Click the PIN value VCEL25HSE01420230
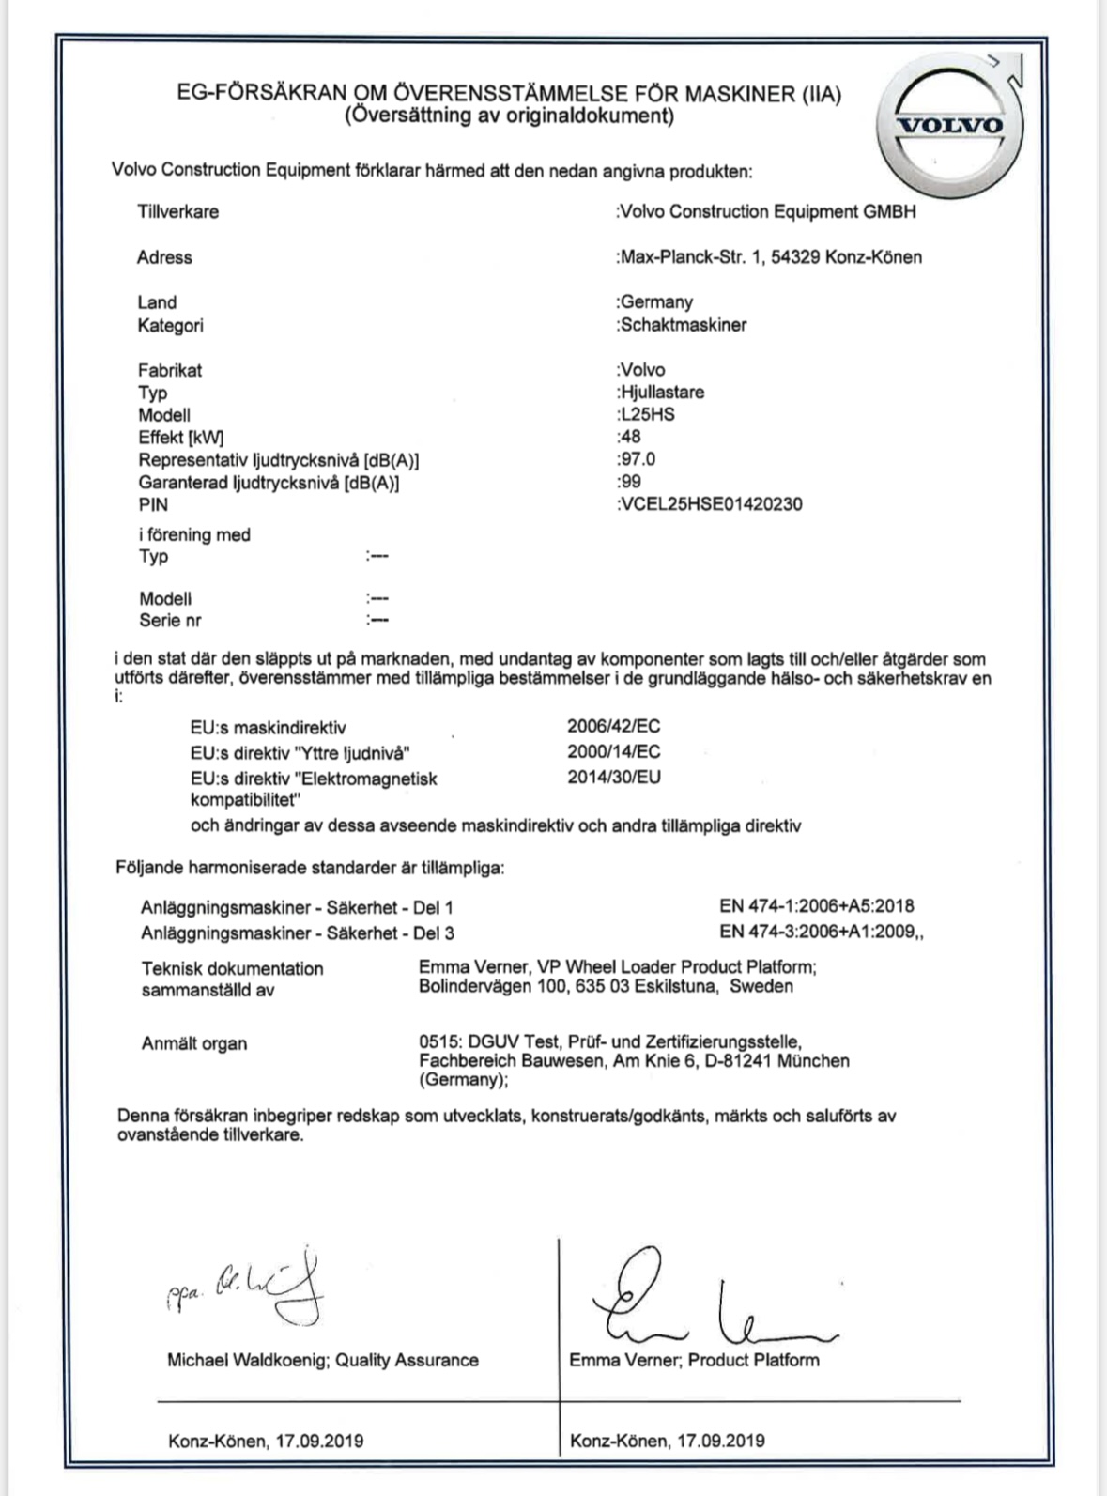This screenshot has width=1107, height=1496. click(711, 504)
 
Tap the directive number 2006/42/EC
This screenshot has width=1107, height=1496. click(613, 726)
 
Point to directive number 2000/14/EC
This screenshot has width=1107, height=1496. click(613, 751)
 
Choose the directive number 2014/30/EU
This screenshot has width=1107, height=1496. click(613, 777)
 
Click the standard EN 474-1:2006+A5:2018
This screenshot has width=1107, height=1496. click(816, 906)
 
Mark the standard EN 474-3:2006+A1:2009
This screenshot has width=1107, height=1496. click(820, 933)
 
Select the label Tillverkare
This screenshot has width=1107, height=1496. click(177, 211)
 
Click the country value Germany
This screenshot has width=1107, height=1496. click(655, 301)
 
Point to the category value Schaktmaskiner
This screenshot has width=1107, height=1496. click(682, 325)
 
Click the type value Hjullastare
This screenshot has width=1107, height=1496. click(661, 392)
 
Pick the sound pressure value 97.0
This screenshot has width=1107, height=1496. click(637, 459)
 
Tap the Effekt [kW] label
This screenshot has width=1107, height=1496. click(180, 437)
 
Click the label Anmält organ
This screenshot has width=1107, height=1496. click(194, 1043)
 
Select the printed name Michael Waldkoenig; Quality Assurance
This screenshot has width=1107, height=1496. click(322, 1359)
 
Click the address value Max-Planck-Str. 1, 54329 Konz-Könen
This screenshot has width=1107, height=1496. click(769, 256)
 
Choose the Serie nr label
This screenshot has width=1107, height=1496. click(170, 620)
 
